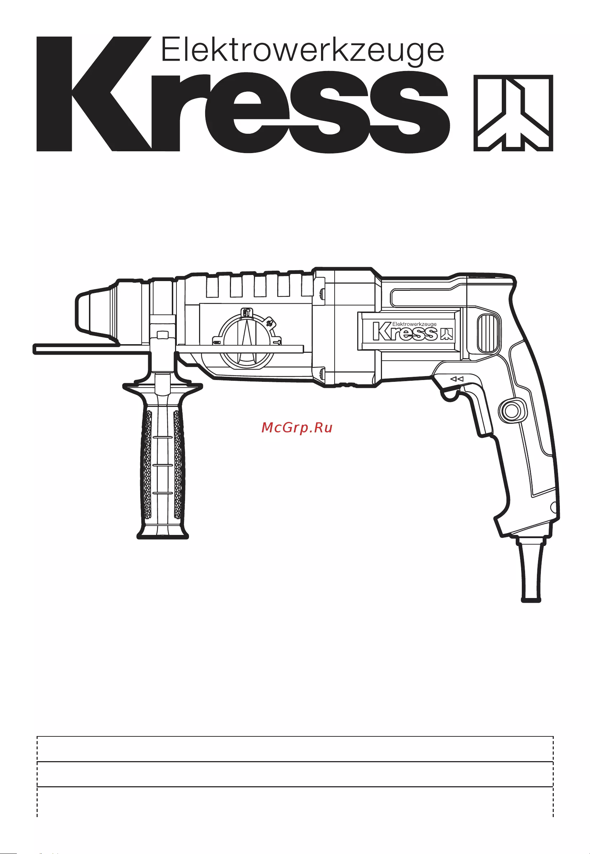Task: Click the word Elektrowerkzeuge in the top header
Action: (x=302, y=51)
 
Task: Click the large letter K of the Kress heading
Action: (x=94, y=94)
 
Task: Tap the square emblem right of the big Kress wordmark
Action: (x=513, y=113)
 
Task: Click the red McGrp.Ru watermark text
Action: (x=297, y=428)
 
